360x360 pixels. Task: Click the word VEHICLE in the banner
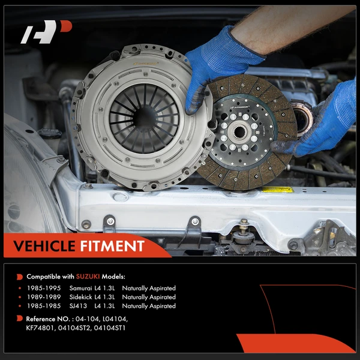coord(44,246)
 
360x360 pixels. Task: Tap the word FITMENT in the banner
coord(112,246)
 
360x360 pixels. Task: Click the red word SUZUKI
coord(88,277)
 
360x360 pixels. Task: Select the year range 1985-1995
coord(44,288)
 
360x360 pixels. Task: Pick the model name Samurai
coord(80,288)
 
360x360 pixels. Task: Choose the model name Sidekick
coord(80,297)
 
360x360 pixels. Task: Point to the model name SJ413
coord(78,306)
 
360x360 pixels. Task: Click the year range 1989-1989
coord(44,297)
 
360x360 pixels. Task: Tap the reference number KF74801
coord(41,328)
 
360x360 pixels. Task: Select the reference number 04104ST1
coord(110,328)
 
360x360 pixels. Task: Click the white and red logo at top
coord(46,32)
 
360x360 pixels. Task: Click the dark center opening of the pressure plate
coord(144,118)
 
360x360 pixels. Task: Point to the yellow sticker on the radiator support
coord(278,190)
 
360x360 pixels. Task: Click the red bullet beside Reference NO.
coord(20,318)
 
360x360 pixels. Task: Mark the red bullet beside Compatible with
coord(20,277)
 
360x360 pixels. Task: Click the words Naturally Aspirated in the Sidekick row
coord(149,297)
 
